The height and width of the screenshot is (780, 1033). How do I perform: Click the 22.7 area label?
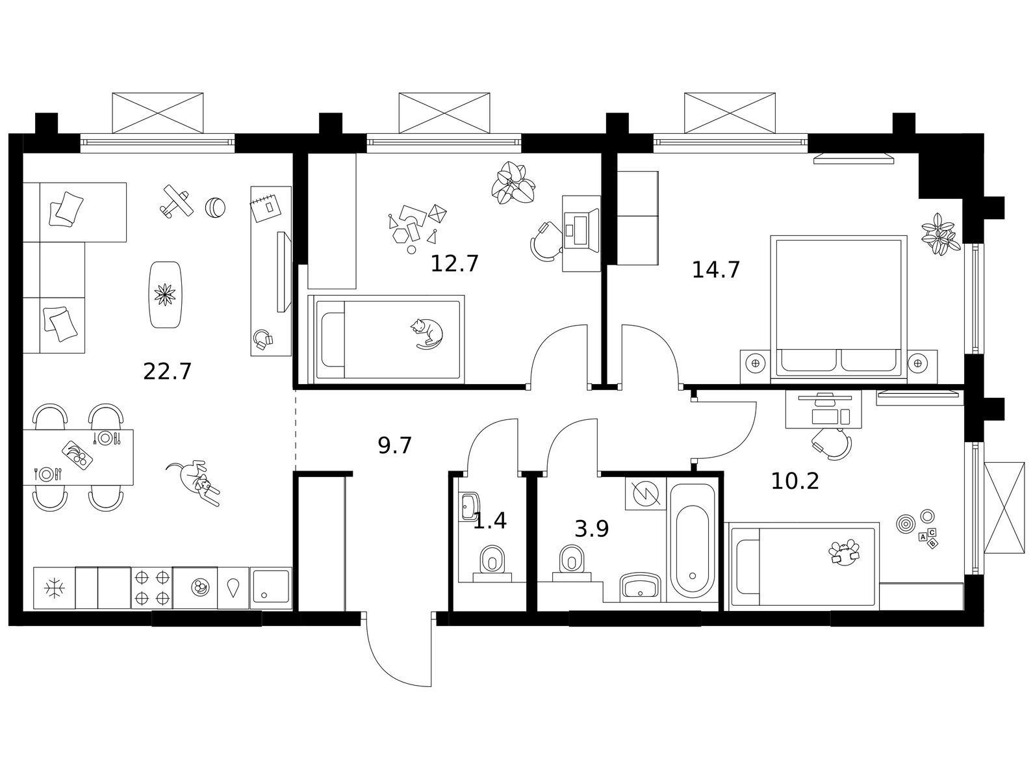click(x=167, y=372)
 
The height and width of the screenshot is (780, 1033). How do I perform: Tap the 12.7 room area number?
click(x=454, y=264)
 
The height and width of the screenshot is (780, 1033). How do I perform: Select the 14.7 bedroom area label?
click(x=716, y=270)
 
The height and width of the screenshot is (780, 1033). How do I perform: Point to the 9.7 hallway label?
click(x=395, y=445)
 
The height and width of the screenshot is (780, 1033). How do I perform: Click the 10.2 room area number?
click(x=795, y=481)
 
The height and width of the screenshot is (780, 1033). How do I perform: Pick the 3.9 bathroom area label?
click(x=592, y=528)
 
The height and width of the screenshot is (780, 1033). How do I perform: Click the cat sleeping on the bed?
click(x=426, y=333)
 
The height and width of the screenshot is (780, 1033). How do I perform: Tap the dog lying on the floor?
click(x=194, y=482)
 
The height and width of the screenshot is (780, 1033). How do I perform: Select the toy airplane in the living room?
click(x=176, y=201)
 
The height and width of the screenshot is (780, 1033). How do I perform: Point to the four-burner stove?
click(x=151, y=588)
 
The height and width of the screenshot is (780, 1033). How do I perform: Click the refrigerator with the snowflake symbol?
click(x=55, y=588)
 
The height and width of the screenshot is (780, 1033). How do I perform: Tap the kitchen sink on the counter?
click(x=271, y=588)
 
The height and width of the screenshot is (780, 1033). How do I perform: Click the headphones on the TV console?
click(x=263, y=339)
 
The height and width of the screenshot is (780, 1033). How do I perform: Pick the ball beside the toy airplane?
click(x=215, y=207)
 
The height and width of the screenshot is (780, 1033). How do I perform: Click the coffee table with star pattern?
click(x=165, y=294)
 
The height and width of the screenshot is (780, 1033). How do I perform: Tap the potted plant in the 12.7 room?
click(x=513, y=183)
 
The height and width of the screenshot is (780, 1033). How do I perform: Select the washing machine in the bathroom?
click(x=646, y=493)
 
